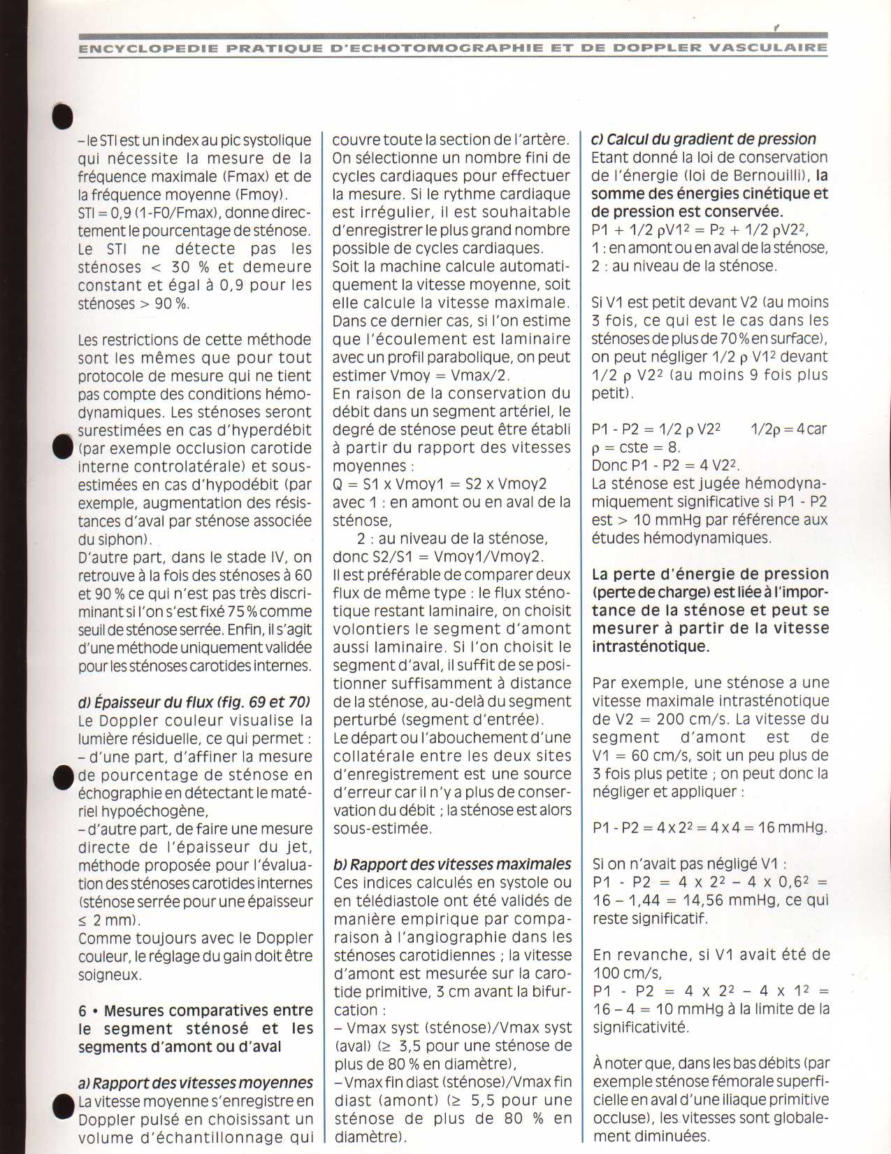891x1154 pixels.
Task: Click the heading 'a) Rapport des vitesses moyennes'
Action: (196, 1083)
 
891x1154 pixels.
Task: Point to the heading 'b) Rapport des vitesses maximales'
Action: (452, 864)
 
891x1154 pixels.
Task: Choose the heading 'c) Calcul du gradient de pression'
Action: (704, 139)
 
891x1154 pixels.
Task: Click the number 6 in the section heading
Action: (82, 1011)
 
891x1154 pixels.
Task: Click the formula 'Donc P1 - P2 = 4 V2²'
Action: (665, 465)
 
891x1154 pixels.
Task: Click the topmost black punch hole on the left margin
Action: (62, 115)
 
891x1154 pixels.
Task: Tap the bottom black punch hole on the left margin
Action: (64, 1106)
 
